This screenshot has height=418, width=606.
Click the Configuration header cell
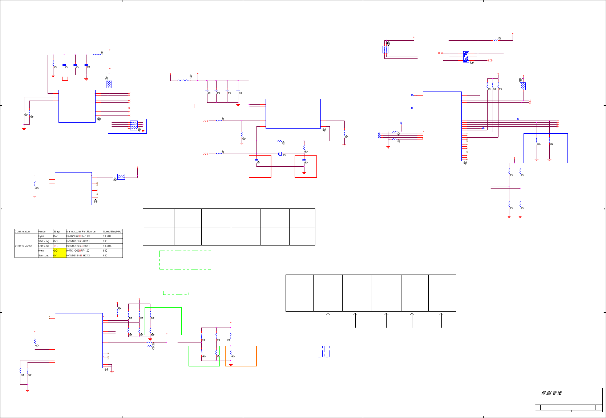[x=23, y=231]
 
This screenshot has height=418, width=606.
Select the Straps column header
[x=57, y=231]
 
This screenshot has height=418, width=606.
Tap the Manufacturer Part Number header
[x=81, y=231]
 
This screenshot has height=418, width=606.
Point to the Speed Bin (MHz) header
[x=113, y=231]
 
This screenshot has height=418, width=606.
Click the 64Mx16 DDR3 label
[x=23, y=246]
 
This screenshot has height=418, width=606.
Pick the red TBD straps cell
[x=56, y=246]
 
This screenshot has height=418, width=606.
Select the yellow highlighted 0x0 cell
[x=59, y=251]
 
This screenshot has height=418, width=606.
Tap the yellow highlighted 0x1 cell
[x=59, y=255]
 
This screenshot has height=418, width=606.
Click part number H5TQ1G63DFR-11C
[x=78, y=236]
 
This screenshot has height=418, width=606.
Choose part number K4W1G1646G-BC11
[x=78, y=246]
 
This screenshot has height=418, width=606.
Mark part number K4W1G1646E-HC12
[x=78, y=255]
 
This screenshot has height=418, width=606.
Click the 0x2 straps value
[x=56, y=236]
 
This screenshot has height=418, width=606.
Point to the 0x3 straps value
[x=56, y=241]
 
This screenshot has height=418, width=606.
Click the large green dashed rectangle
[x=185, y=260]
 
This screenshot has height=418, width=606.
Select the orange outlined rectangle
[x=241, y=356]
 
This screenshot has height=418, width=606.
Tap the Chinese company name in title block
[x=552, y=393]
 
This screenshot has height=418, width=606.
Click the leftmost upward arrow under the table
[x=328, y=320]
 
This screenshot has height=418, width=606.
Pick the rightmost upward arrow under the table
[x=441, y=320]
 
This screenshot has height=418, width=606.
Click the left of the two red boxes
[x=260, y=167]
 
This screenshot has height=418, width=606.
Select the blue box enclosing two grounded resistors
[x=545, y=148]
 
